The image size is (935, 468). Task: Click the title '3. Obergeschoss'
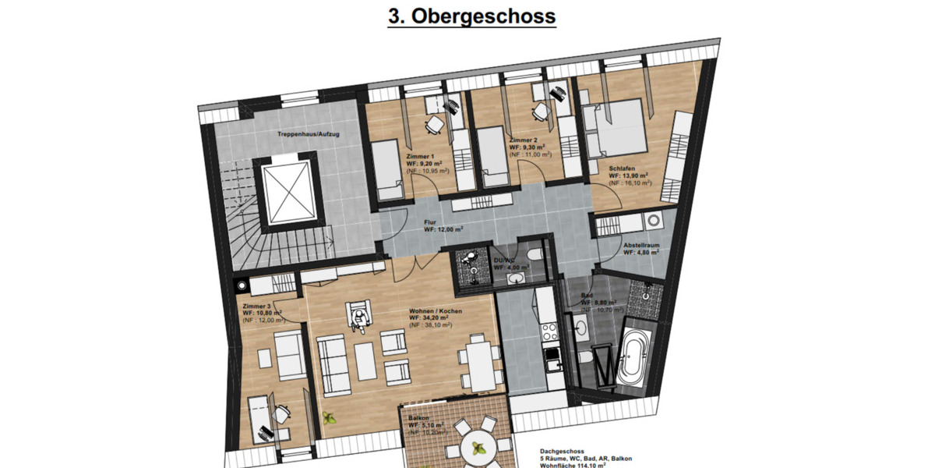[x=471, y=16]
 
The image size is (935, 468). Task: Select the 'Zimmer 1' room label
[x=421, y=156]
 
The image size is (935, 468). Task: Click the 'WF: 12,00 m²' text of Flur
[x=443, y=229]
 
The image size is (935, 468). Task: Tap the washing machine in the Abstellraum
[x=653, y=221]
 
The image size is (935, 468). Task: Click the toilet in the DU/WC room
[x=534, y=255]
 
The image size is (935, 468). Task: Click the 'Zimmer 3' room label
[x=256, y=306]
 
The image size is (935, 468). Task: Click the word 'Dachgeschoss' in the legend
[x=562, y=451]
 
